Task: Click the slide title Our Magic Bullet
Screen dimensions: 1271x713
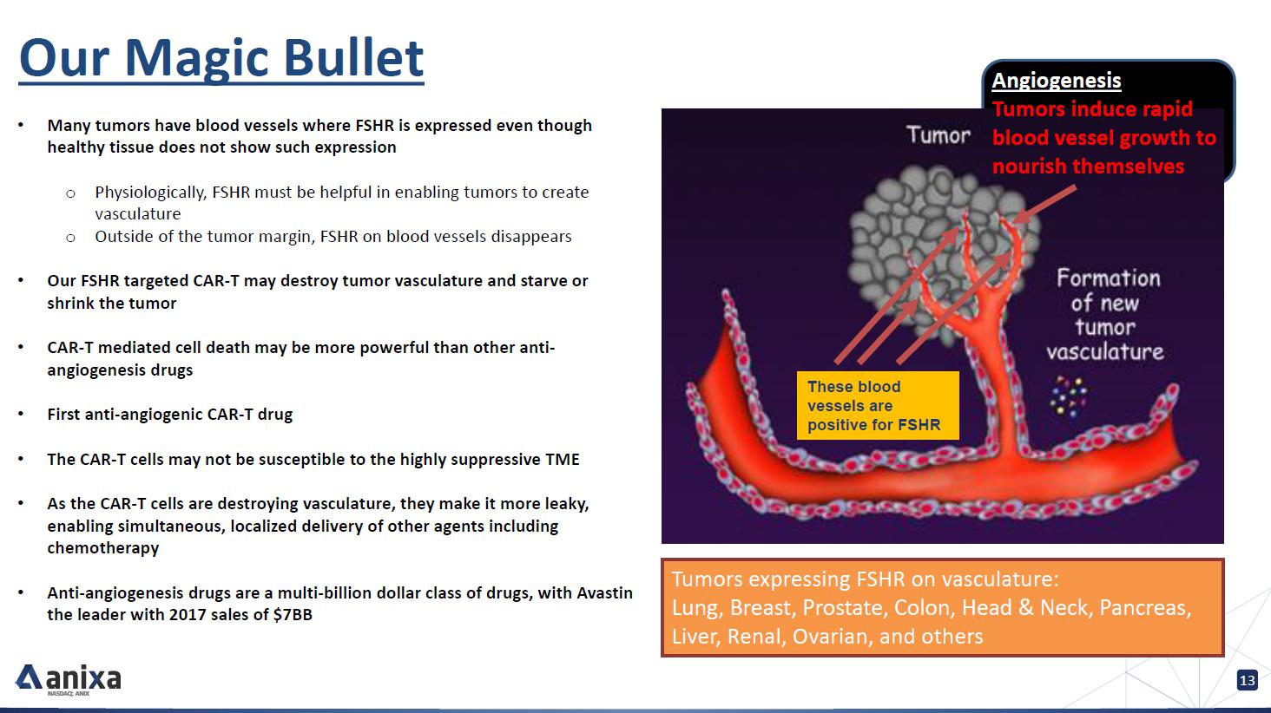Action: [x=221, y=57]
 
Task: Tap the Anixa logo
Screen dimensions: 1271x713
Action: [x=68, y=679]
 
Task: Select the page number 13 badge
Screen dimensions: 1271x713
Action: [x=1248, y=680]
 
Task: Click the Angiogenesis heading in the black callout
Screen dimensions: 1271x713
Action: [x=1056, y=81]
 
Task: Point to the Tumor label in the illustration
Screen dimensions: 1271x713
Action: [x=938, y=135]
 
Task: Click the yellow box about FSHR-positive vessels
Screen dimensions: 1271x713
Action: [x=878, y=405]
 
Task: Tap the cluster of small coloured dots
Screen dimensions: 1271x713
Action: [x=1069, y=396]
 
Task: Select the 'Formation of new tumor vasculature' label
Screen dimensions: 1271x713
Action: [x=1105, y=315]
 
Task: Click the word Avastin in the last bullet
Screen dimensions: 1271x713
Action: [x=604, y=592]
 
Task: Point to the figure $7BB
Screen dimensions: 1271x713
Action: [x=293, y=615]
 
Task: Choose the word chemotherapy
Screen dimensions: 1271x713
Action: [x=103, y=548]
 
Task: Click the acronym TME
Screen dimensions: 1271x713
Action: [x=563, y=459]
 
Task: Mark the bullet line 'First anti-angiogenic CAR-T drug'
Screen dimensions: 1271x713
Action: [x=169, y=415]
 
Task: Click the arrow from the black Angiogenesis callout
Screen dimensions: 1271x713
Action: [x=1044, y=205]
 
